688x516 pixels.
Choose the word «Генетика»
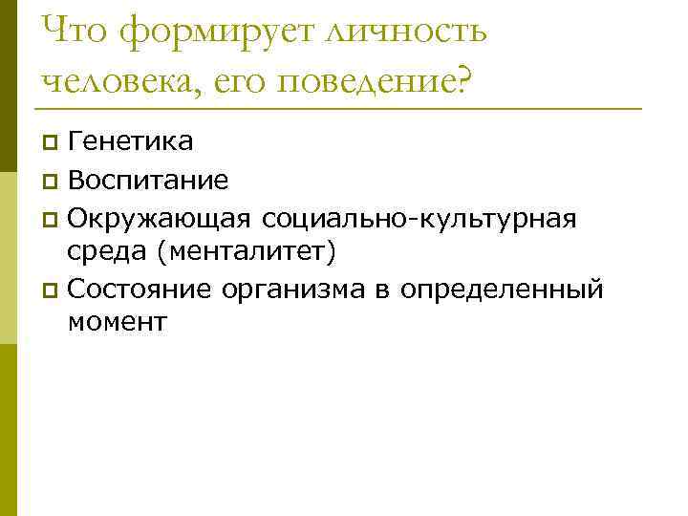click(131, 142)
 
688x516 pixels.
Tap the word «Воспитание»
click(148, 180)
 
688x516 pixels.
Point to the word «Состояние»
click(144, 288)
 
